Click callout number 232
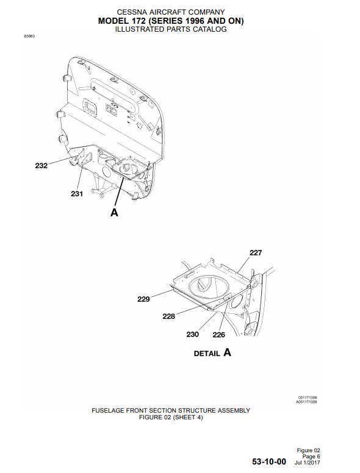click(41, 165)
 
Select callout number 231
click(77, 194)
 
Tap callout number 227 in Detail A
click(256, 252)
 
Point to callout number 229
click(143, 299)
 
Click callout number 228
click(169, 316)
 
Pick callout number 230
click(192, 334)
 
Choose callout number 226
click(218, 335)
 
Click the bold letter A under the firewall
click(114, 212)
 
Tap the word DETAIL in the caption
click(207, 354)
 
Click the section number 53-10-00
click(269, 461)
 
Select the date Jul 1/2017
click(308, 463)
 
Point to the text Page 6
click(311, 457)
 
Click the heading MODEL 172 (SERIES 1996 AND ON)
click(171, 21)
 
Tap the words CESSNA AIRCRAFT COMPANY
click(171, 12)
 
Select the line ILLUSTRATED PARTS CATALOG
click(171, 29)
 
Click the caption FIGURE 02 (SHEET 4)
click(171, 418)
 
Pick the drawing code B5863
click(29, 36)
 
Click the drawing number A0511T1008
click(306, 402)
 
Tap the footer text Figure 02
click(308, 450)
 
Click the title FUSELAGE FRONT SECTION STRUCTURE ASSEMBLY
click(171, 411)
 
